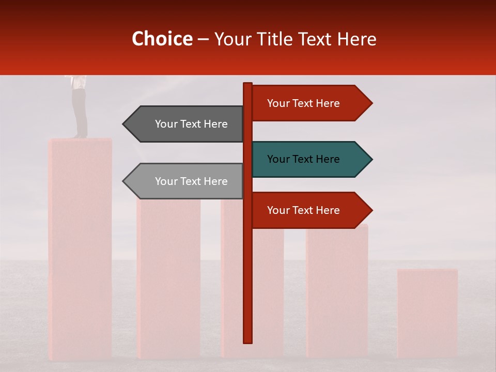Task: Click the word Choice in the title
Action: click(x=162, y=39)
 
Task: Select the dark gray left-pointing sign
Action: click(x=186, y=124)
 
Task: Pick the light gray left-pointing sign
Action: click(x=186, y=181)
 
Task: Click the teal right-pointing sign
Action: click(x=310, y=159)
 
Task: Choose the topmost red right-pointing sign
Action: click(x=310, y=103)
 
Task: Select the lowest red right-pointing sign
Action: click(x=310, y=210)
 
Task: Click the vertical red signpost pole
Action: click(x=248, y=269)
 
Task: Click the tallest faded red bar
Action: click(x=80, y=248)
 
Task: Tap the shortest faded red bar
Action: click(x=427, y=313)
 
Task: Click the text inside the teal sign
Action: click(x=303, y=159)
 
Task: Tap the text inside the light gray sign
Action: click(x=191, y=181)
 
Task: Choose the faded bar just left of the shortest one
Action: click(x=337, y=289)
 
